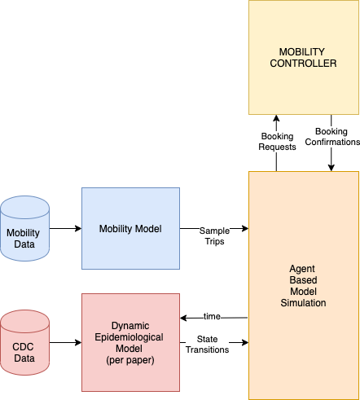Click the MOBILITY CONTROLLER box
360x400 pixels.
pos(304,57)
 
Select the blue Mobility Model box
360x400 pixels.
pos(130,228)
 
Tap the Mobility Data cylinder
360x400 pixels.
pos(24,228)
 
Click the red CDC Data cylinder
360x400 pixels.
pos(24,342)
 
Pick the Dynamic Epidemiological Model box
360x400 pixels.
pos(130,342)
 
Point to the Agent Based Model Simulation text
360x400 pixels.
pos(303,286)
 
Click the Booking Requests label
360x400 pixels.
pos(277,142)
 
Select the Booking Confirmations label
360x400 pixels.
pos(332,137)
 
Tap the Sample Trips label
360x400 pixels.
pos(214,236)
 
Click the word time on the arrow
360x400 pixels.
pos(212,316)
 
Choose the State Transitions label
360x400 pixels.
pos(207,345)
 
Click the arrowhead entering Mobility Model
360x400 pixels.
pos(78,228)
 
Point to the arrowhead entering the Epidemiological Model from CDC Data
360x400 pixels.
pos(78,342)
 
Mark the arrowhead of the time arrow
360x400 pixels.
pos(183,318)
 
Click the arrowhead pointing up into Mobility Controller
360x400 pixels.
pos(276,118)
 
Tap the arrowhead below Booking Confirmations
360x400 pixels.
pos(331,168)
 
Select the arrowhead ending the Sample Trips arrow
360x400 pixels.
pos(245,228)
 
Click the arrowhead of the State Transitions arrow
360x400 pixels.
pos(245,342)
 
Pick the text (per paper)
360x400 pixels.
pos(130,360)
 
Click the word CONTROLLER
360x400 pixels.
pos(303,64)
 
